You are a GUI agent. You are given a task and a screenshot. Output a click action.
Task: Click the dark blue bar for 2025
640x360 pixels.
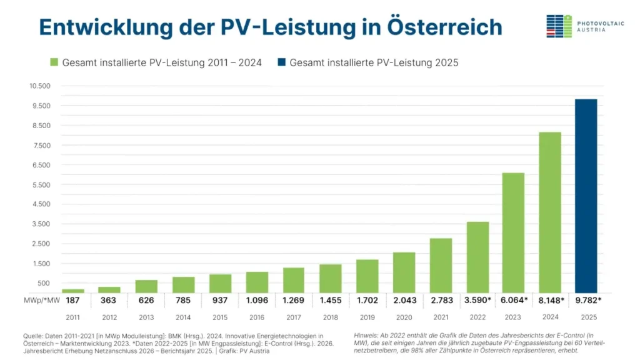click(586, 196)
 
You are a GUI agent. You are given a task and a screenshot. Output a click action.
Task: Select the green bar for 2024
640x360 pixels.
click(549, 212)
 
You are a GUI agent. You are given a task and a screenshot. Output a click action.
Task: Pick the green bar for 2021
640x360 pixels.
click(441, 265)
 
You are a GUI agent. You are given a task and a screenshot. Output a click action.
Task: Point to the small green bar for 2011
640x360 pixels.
click(73, 291)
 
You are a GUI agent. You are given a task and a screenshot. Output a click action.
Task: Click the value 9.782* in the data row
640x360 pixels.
click(586, 300)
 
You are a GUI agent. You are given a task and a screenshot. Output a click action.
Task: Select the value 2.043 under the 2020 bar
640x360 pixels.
click(404, 300)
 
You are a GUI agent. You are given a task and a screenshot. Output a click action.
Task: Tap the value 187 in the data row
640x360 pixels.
click(73, 300)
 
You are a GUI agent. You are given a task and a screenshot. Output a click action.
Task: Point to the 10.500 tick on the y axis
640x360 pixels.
click(39, 86)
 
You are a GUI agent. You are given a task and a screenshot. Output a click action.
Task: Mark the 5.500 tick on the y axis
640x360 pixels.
click(41, 184)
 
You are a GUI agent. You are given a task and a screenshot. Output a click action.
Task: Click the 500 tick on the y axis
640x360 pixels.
click(44, 283)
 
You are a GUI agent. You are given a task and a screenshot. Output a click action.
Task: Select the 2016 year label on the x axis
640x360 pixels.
click(257, 317)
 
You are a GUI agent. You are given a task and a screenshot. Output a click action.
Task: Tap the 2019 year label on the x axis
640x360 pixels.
click(367, 317)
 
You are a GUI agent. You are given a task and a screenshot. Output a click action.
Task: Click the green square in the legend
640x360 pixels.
click(54, 62)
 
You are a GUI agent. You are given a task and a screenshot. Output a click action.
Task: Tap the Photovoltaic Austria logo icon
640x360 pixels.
click(559, 26)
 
